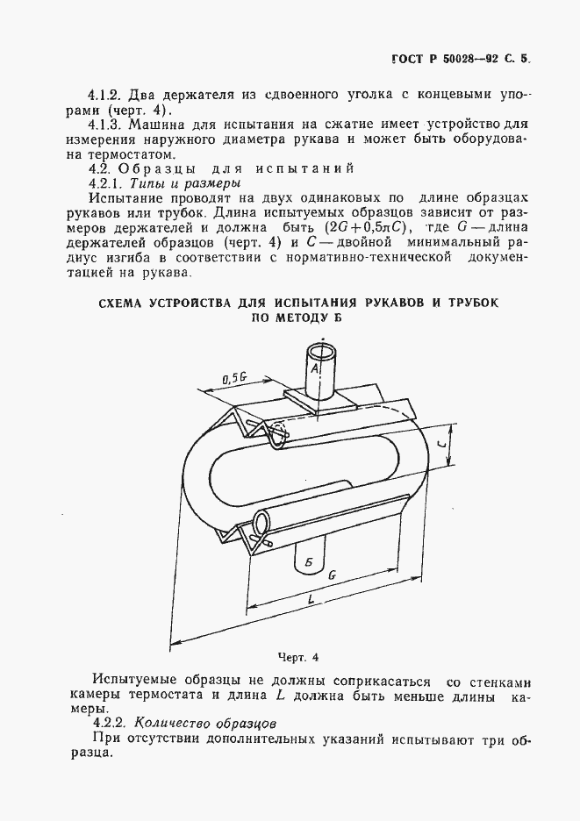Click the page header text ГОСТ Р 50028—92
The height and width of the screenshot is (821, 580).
(443, 62)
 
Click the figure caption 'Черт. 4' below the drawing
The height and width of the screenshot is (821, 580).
(298, 657)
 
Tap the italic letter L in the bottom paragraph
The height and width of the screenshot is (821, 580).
(278, 696)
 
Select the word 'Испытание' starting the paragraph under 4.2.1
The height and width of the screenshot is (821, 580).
(126, 201)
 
